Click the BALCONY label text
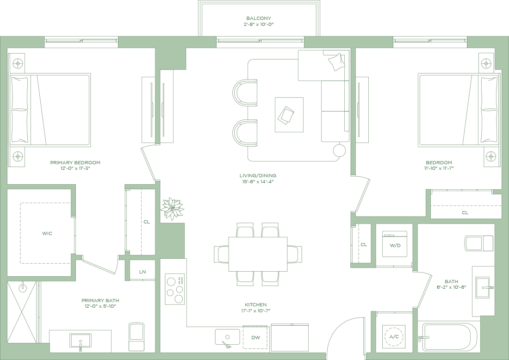coord(258,18)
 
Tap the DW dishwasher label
coord(256,338)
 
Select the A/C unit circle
coord(394,336)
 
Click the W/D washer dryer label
coord(395,245)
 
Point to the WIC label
coord(47,233)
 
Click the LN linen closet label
coord(143,272)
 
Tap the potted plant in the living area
coord(172,209)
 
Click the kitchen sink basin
coord(228,337)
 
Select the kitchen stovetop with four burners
coord(174,289)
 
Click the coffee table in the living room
coord(289,115)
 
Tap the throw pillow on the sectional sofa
coord(336,62)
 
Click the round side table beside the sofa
coord(339,151)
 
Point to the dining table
coord(258,254)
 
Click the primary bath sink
coord(80,341)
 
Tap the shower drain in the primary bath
coord(23,287)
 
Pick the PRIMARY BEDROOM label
coord(75,162)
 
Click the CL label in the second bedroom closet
coord(465,213)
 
